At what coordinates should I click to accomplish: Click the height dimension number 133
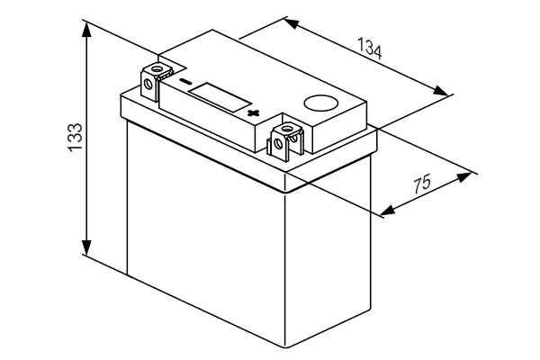point(76,138)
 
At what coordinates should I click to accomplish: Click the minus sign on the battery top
point(186,84)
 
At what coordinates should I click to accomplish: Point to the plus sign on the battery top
point(254,113)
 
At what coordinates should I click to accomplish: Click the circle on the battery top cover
point(319,103)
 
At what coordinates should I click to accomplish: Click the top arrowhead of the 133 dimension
point(86,24)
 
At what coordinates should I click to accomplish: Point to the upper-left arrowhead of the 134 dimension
point(290,21)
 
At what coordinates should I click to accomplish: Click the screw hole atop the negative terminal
point(161,70)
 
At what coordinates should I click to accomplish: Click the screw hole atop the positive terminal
point(290,131)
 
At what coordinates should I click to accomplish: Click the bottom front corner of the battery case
point(287,346)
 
